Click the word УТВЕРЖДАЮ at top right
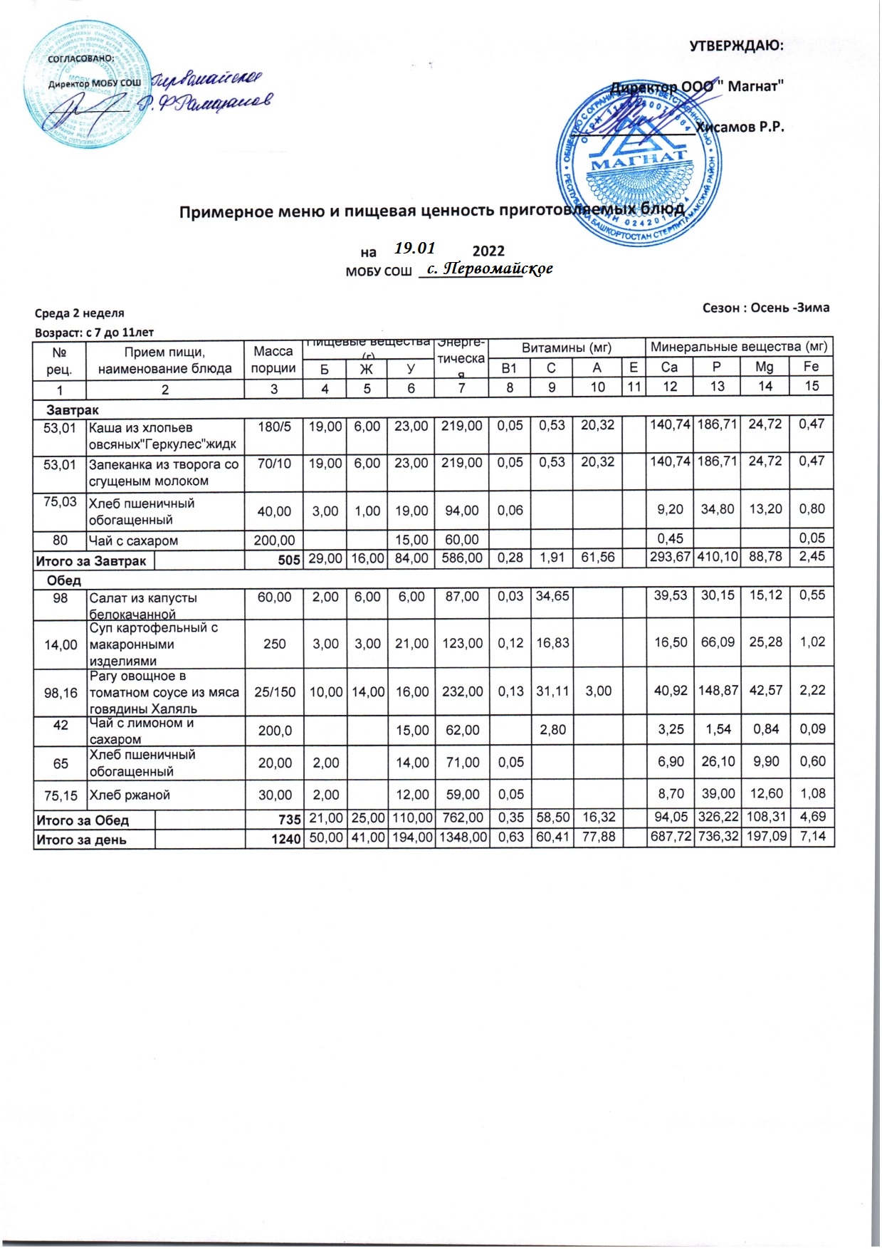click(736, 46)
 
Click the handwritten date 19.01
click(414, 248)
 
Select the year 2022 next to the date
click(488, 251)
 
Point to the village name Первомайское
click(494, 269)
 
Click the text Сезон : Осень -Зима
click(765, 308)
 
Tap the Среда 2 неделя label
click(79, 313)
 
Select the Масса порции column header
click(273, 360)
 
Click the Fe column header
click(811, 367)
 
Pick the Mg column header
click(765, 367)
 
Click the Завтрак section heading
click(72, 410)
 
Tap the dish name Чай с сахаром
click(133, 540)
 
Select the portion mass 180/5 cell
click(274, 427)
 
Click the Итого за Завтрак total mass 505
click(288, 560)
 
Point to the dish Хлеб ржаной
click(130, 795)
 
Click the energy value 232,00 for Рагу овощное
click(462, 691)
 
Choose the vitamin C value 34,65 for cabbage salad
click(552, 596)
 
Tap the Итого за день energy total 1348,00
click(462, 837)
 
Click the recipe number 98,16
click(61, 691)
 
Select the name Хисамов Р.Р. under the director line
click(740, 127)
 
